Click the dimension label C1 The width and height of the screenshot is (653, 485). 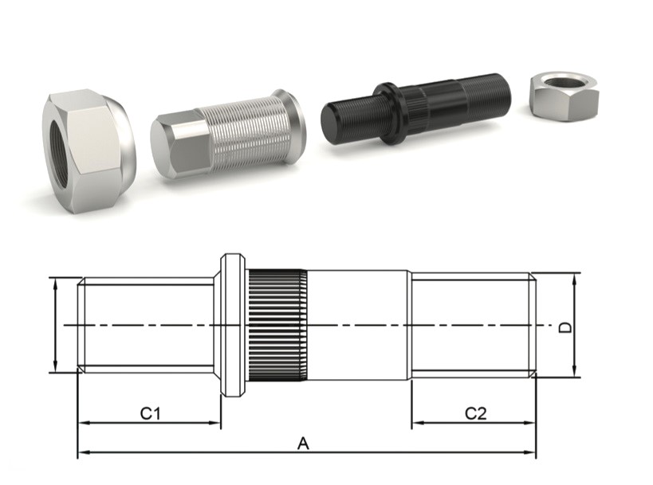pos(150,413)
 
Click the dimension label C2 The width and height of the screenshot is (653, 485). pos(475,413)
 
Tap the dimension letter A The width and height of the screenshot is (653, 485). pos(303,444)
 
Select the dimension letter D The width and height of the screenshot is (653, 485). pos(564,328)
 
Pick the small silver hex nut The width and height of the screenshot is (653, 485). pos(564,97)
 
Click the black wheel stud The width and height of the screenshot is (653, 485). pos(415,110)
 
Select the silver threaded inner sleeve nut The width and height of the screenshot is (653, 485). pos(228,135)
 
